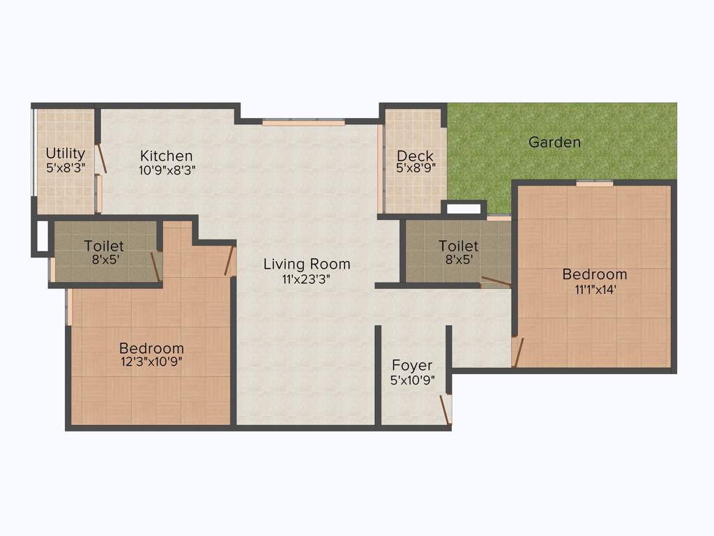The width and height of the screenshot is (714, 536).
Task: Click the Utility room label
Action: pyautogui.click(x=66, y=153)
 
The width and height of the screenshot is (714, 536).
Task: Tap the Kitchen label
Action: pyautogui.click(x=166, y=156)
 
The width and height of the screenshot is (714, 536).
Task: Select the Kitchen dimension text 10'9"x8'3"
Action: pyautogui.click(x=166, y=169)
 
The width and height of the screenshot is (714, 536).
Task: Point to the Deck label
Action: pyautogui.click(x=415, y=156)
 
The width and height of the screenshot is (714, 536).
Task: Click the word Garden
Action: pyautogui.click(x=554, y=142)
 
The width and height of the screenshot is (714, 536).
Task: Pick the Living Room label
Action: pyautogui.click(x=307, y=265)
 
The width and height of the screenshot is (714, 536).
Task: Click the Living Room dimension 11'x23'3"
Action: pyautogui.click(x=307, y=278)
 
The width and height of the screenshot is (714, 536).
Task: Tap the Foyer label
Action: pyautogui.click(x=412, y=365)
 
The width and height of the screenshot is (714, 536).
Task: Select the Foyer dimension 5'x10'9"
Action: pyautogui.click(x=412, y=380)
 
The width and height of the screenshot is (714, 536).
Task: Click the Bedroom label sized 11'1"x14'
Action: pyautogui.click(x=595, y=274)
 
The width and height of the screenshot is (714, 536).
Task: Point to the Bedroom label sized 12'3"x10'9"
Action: pyautogui.click(x=151, y=348)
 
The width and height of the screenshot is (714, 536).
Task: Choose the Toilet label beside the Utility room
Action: pyautogui.click(x=104, y=246)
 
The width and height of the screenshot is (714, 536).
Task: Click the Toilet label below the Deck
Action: pyautogui.click(x=458, y=246)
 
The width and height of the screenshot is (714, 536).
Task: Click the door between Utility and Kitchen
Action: pyautogui.click(x=102, y=158)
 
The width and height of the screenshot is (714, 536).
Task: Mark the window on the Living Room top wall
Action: pyautogui.click(x=303, y=123)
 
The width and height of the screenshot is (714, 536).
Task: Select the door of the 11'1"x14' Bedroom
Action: pyautogui.click(x=516, y=352)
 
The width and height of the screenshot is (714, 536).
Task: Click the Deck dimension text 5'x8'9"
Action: pyautogui.click(x=415, y=168)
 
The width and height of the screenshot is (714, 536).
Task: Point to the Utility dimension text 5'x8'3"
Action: pyautogui.click(x=66, y=167)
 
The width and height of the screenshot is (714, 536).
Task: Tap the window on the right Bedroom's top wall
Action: pyautogui.click(x=594, y=183)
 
